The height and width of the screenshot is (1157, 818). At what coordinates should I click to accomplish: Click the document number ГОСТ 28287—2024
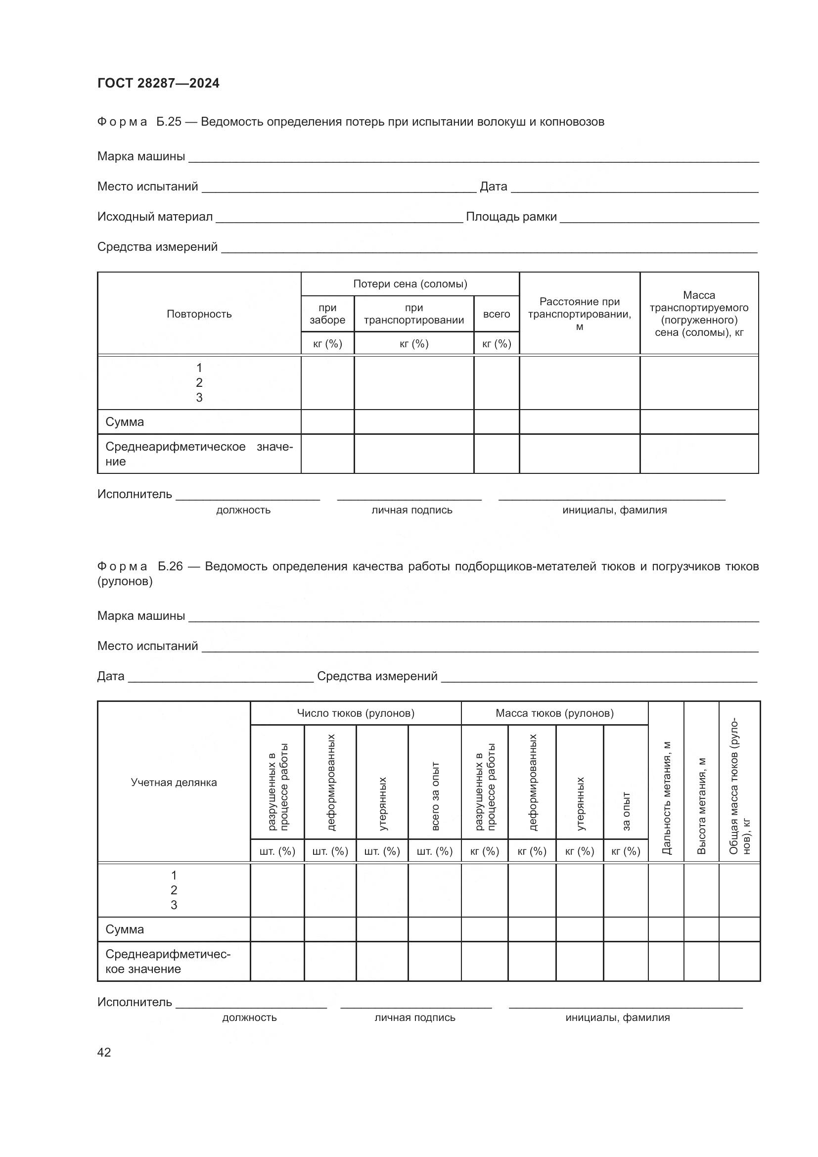click(158, 83)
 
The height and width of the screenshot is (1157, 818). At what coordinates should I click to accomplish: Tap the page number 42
click(104, 1052)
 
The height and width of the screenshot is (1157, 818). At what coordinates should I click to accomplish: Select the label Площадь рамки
click(511, 217)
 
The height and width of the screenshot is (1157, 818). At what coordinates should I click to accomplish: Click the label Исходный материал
click(155, 217)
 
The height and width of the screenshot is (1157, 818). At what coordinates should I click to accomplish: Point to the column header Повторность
click(199, 314)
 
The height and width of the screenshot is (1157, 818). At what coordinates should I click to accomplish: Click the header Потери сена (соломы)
click(410, 284)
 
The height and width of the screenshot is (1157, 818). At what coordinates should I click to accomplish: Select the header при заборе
click(327, 314)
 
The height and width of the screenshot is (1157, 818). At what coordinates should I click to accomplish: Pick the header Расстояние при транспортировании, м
click(579, 314)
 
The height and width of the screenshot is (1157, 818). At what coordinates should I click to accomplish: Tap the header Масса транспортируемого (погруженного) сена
click(699, 314)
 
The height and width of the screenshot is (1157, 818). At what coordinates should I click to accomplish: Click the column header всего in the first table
click(496, 314)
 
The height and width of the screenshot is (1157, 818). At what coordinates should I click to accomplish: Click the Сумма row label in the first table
click(125, 422)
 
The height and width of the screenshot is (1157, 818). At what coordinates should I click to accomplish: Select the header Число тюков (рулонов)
click(356, 713)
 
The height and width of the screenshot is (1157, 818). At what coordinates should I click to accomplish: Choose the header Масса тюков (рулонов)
click(554, 713)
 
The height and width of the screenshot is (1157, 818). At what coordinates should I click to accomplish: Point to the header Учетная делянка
click(174, 782)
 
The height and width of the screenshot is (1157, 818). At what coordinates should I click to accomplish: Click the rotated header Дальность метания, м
click(666, 797)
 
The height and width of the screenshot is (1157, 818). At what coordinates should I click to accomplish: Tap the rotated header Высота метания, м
click(701, 805)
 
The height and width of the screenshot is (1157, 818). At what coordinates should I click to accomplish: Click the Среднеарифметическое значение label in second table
click(167, 962)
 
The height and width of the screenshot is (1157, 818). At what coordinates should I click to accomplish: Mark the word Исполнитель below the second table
click(135, 1002)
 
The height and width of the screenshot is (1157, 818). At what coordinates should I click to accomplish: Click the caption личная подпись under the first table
click(411, 510)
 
